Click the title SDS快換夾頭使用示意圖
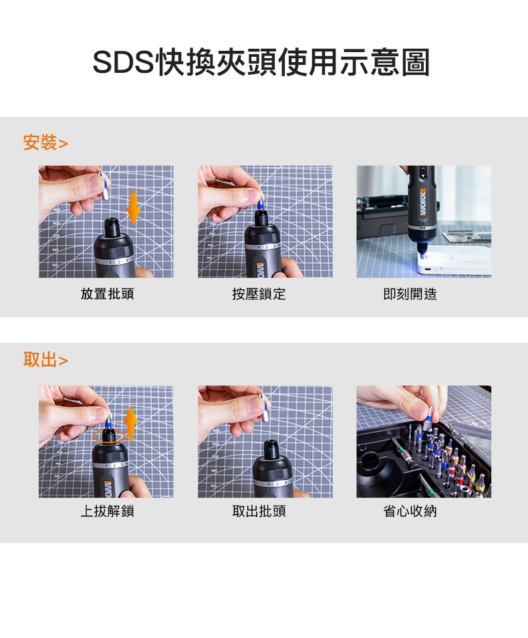261,62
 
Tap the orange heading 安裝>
45,142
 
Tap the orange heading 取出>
45,359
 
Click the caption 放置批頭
107,294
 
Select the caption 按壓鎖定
259,294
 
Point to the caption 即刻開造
410,294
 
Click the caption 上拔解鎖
107,511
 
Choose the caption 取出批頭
259,511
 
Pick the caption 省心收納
410,511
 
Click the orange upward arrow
130,423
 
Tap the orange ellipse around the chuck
93,436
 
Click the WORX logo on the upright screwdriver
423,202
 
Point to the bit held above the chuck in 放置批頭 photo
104,185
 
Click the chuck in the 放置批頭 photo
111,228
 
